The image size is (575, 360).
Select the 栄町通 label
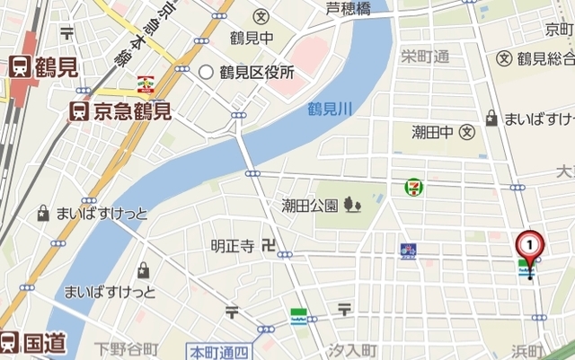point(424,57)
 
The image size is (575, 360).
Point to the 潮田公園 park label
point(309,206)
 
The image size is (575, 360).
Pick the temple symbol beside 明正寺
point(267,244)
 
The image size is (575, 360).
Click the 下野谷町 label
point(128,348)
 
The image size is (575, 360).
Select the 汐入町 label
point(351,348)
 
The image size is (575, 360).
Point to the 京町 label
point(559,31)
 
